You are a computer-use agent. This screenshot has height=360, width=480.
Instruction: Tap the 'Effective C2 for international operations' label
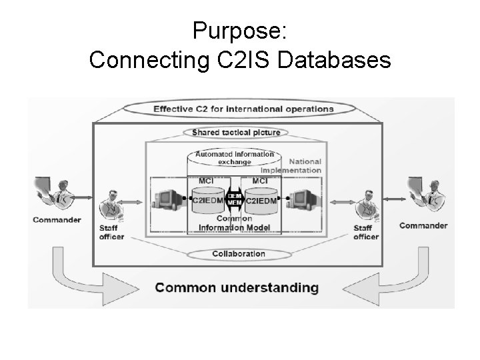(x=243, y=109)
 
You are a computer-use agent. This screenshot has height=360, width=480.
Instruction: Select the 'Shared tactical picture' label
(x=236, y=133)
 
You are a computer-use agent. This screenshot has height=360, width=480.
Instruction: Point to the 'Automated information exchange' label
(x=234, y=157)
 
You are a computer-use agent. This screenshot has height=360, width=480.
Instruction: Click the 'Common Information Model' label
(x=234, y=223)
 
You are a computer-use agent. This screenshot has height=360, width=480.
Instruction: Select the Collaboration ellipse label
(x=238, y=253)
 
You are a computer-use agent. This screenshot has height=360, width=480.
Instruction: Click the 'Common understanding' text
(x=237, y=288)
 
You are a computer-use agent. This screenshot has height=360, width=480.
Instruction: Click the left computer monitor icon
(x=169, y=197)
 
